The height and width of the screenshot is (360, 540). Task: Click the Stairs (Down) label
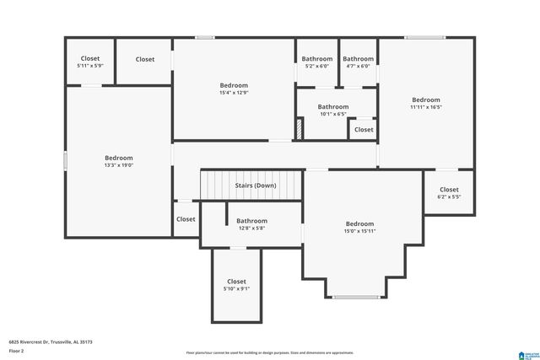[x=254, y=185]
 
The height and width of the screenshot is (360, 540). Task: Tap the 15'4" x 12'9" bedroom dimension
[x=234, y=93]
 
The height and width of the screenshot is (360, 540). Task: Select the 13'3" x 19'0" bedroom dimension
[x=118, y=165]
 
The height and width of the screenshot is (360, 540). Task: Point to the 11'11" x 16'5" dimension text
[x=426, y=107]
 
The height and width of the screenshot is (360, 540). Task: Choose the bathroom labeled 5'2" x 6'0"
[x=317, y=66]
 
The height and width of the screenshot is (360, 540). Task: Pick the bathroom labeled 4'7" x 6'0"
[x=359, y=66]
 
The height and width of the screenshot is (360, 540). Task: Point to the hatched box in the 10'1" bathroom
[x=300, y=130]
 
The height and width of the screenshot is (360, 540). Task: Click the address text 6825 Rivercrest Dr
[x=51, y=342]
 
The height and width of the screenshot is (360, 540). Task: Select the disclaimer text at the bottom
[x=270, y=353]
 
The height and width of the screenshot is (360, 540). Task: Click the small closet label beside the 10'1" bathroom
[x=364, y=130]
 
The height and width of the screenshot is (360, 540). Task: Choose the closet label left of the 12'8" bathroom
[x=186, y=219]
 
